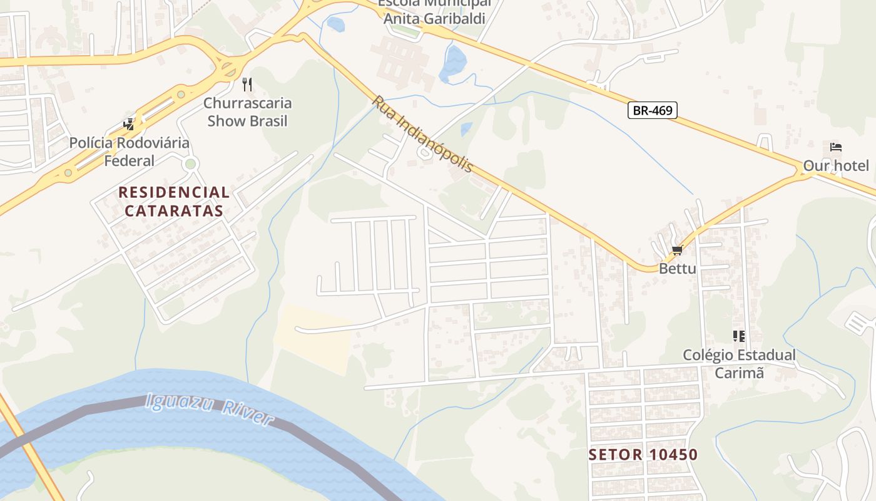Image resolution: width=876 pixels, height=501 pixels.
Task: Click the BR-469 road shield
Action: coord(653,111)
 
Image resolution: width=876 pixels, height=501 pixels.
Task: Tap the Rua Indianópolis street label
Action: coord(423,135)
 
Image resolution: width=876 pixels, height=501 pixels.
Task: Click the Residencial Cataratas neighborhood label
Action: coord(174,201)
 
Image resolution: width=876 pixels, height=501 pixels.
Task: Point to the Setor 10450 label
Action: coord(643,455)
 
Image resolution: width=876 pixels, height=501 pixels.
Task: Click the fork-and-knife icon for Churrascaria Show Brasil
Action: coord(247,84)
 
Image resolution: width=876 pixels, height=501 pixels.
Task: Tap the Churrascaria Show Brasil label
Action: coord(248,111)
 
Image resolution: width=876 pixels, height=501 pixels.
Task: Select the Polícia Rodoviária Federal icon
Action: coord(129,124)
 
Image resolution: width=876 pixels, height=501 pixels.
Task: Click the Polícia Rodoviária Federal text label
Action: coord(130,152)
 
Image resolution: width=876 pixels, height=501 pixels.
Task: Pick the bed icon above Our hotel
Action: coord(836,148)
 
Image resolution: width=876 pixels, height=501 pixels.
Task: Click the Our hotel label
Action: coord(836,166)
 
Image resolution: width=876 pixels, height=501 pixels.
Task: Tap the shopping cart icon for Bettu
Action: coord(677,250)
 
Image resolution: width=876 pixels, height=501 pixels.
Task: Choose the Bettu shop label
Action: coord(677,269)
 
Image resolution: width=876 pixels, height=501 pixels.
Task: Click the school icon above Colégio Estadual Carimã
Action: coord(739,336)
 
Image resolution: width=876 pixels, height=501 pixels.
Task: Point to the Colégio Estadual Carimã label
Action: coord(739,363)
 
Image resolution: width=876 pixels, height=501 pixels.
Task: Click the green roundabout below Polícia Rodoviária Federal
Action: coord(191,164)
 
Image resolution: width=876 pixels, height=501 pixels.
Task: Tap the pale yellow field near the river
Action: coord(313,338)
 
